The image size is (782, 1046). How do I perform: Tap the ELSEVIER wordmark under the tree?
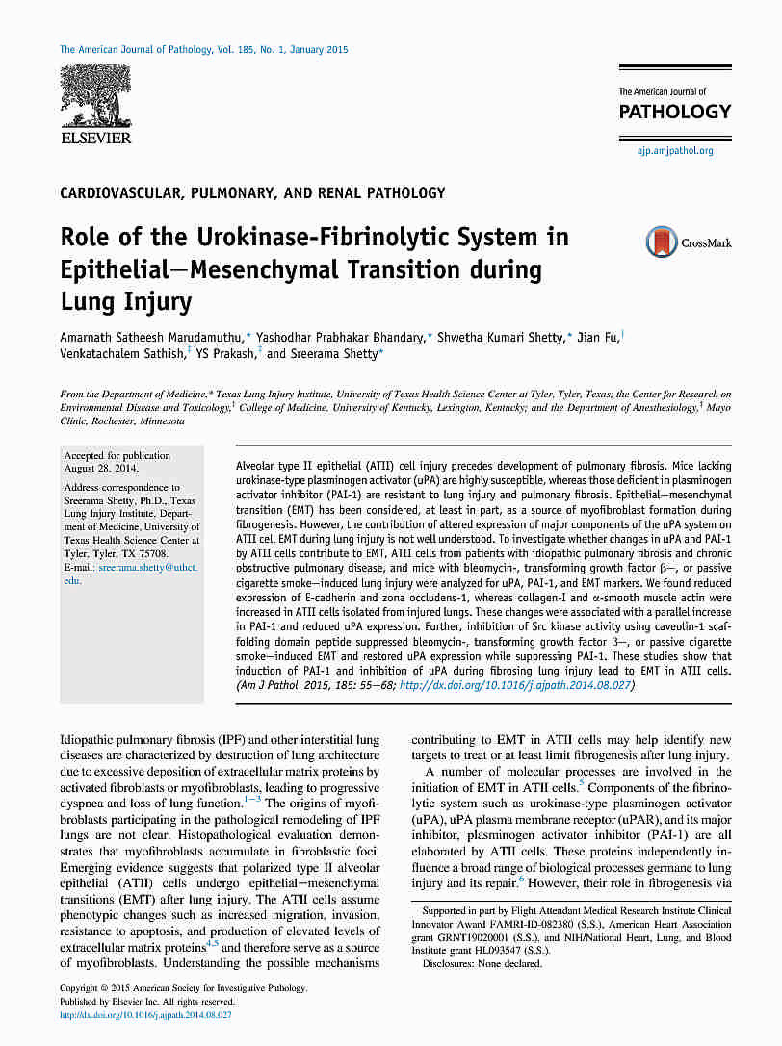pos(95,139)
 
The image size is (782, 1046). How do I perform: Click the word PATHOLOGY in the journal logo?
pos(674,112)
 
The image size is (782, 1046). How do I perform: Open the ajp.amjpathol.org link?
pos(674,151)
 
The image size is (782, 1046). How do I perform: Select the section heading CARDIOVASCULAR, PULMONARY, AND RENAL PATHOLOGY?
pos(252,193)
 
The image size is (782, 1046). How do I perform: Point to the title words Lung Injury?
pos(126,303)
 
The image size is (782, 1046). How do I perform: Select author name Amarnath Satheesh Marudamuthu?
pos(152,336)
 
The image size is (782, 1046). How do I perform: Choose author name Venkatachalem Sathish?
pos(120,354)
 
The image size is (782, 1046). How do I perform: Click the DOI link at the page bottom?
pos(145,1014)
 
